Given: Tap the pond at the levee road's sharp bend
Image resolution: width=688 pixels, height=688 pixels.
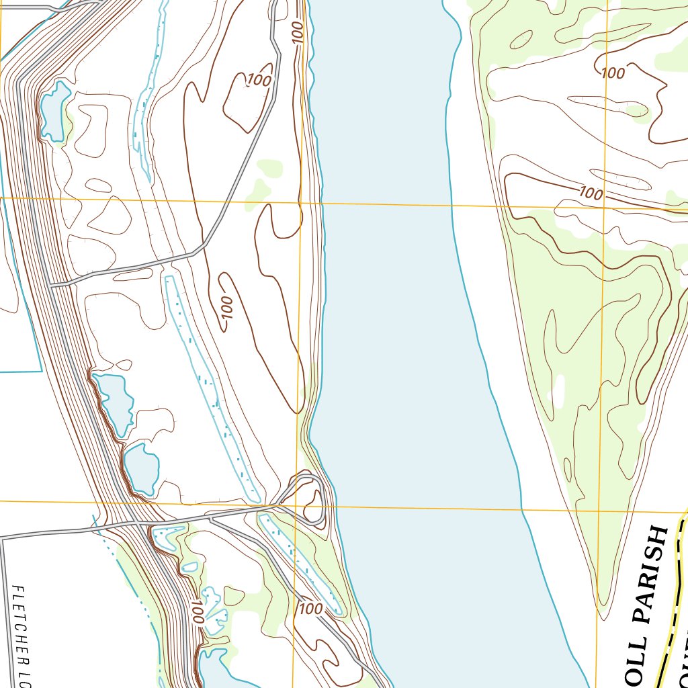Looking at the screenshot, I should point(54,107).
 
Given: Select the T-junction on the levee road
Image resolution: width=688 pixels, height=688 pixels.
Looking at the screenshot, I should point(54,285).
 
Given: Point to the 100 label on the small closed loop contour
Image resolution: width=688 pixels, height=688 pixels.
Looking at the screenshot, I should point(259,81).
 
